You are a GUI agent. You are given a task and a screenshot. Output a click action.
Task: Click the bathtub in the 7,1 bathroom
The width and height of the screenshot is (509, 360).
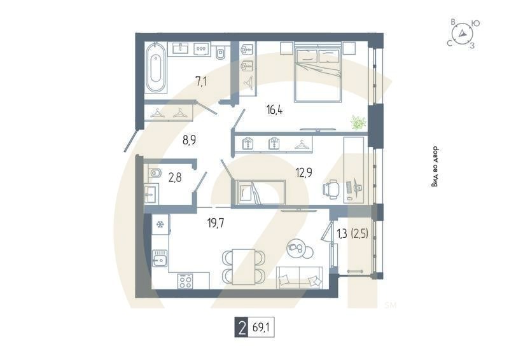(155, 67)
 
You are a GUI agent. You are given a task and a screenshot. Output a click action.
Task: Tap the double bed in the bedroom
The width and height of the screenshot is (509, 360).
(317, 73)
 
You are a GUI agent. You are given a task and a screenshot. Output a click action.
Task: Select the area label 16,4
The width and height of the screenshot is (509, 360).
(274, 110)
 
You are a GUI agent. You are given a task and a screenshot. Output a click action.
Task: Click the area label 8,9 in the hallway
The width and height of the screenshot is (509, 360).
(189, 141)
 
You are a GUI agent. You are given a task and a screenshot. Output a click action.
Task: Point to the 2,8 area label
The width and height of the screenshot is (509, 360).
(174, 177)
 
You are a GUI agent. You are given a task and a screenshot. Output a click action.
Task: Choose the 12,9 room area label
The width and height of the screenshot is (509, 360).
(304, 172)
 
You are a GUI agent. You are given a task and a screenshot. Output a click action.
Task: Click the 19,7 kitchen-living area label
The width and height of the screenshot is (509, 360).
(216, 223)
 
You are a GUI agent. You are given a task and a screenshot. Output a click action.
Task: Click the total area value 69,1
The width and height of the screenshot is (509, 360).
(262, 327)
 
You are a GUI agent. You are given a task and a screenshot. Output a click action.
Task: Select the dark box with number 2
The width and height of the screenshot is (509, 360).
(241, 327)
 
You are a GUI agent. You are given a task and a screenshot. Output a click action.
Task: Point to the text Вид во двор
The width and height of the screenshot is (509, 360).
(435, 167)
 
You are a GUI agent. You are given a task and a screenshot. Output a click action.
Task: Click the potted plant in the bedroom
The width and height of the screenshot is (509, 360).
(358, 123)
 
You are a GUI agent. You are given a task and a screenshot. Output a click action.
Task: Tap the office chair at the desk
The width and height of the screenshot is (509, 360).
(331, 190)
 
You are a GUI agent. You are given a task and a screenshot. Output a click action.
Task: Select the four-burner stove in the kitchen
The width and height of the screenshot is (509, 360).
(185, 280)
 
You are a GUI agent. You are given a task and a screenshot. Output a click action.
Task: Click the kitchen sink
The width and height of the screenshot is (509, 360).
(160, 258)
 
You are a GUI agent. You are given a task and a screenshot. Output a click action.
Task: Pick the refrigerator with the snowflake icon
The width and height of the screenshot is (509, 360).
(160, 225)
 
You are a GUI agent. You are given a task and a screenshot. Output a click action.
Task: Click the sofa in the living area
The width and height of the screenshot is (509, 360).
(299, 277)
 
